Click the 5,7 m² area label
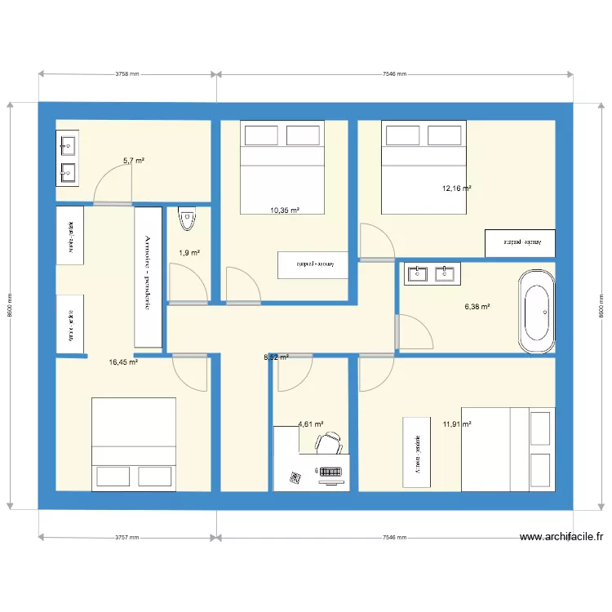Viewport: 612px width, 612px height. [x=134, y=161]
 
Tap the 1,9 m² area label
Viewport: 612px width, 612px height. [x=189, y=253]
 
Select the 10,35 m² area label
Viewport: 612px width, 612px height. [x=285, y=211]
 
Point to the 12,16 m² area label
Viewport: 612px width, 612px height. [x=457, y=188]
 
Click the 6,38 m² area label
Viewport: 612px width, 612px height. [x=477, y=307]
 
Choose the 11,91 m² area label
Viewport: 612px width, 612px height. [x=457, y=424]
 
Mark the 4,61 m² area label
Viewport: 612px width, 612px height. [x=311, y=424]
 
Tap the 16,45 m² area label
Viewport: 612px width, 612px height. [x=123, y=362]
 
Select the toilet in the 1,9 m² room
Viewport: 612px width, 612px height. [x=188, y=220]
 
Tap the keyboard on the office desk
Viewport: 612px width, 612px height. [x=330, y=472]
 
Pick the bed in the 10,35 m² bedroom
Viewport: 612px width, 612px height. [x=282, y=167]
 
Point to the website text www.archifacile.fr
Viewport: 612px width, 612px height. [x=561, y=537]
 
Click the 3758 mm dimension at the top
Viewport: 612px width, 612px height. [x=127, y=74]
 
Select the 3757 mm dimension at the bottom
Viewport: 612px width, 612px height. [x=127, y=538]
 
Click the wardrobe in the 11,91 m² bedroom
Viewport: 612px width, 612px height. [x=416, y=452]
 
